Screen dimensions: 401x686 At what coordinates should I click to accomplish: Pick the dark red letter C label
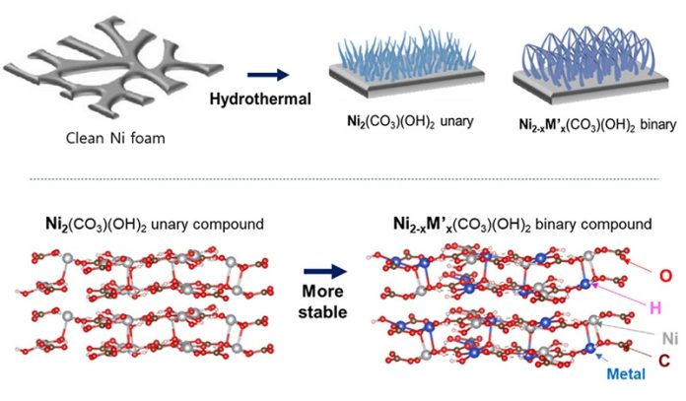[x=666, y=362]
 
